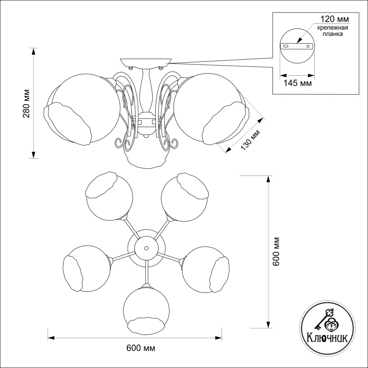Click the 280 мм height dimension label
tap(26, 104)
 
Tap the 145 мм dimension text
tap(297, 84)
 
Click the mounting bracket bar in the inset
tap(297, 46)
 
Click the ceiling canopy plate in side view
tap(146, 62)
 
